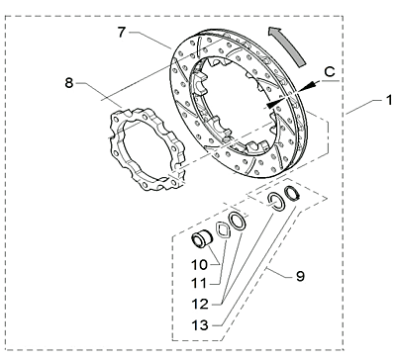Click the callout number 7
[x=122, y=33]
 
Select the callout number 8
[x=68, y=83]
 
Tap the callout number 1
[x=389, y=100]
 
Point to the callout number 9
[x=300, y=276]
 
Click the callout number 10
[x=199, y=264]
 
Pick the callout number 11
[x=199, y=283]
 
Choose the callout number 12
[x=200, y=304]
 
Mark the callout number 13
[x=200, y=325]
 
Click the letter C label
[x=330, y=71]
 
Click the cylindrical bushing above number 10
[x=202, y=238]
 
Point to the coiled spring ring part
[x=292, y=193]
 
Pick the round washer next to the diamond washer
[x=238, y=221]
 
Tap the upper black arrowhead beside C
[x=307, y=86]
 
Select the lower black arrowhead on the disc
[x=274, y=103]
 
